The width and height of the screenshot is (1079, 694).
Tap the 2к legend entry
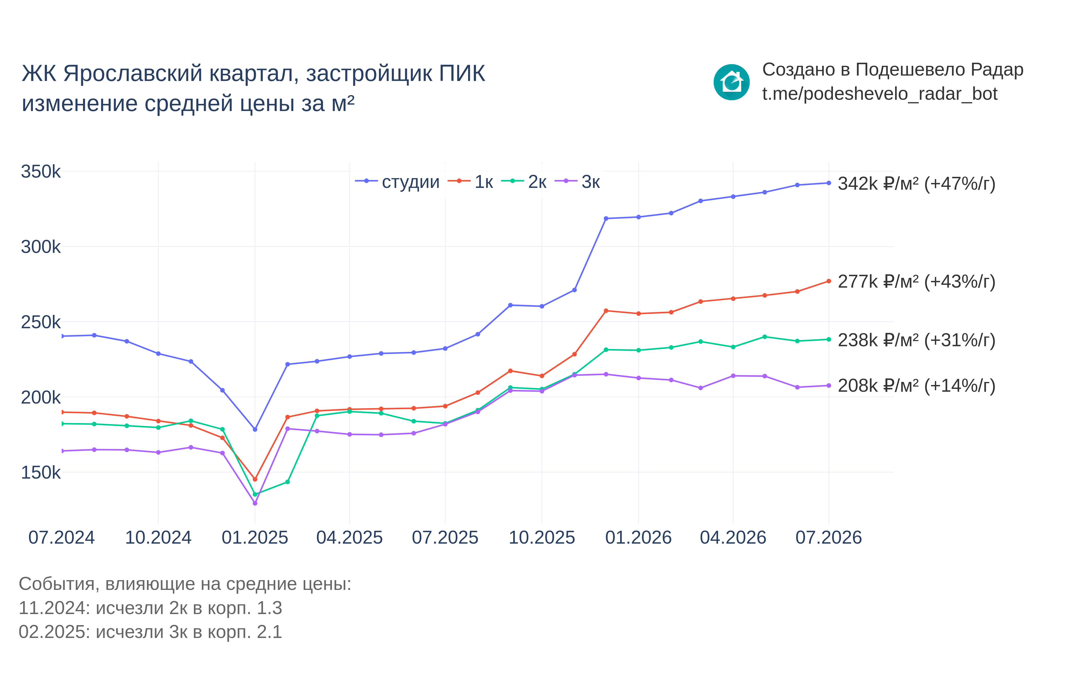(x=524, y=182)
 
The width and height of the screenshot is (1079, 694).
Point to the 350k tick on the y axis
(x=41, y=172)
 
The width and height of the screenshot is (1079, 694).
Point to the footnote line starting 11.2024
(x=150, y=608)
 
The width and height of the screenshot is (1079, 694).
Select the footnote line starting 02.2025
(x=150, y=632)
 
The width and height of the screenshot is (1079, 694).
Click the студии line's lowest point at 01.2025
(x=255, y=430)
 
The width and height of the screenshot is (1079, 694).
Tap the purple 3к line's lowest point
(x=255, y=503)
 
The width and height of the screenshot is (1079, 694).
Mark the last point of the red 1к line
(x=829, y=281)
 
